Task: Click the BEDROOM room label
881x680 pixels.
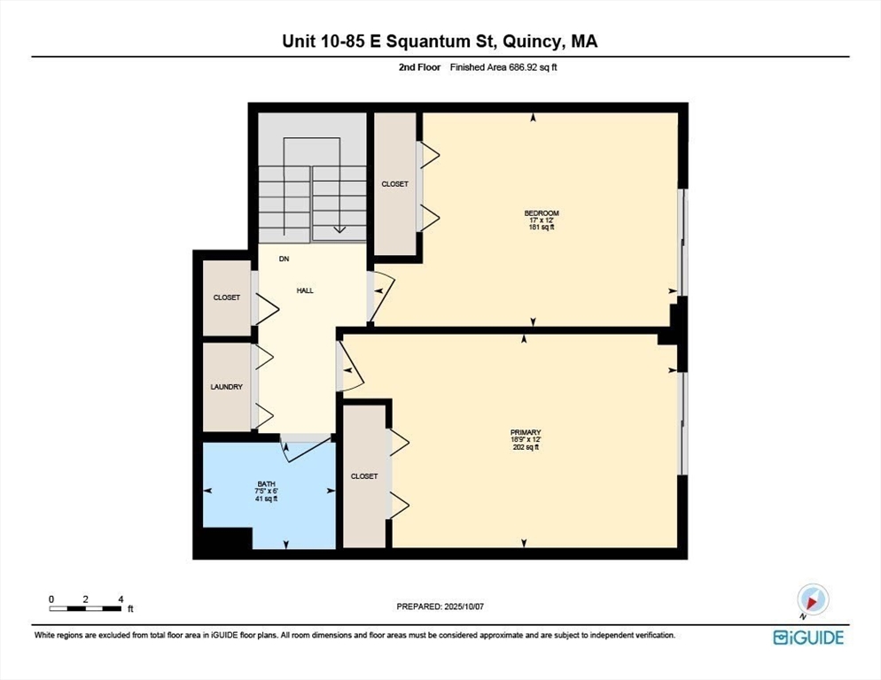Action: (542, 213)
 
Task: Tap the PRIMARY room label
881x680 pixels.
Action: (526, 433)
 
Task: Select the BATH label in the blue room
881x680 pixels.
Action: (266, 484)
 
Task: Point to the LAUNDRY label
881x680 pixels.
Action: (227, 387)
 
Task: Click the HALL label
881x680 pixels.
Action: (305, 290)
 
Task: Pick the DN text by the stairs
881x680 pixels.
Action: (285, 259)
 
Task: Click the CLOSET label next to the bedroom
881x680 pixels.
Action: (394, 184)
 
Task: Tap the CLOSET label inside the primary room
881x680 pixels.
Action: (364, 476)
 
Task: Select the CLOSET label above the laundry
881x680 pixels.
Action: (227, 297)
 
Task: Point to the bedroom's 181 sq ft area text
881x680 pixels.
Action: (542, 228)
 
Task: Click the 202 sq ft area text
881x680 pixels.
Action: (526, 447)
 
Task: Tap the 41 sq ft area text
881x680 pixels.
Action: (266, 498)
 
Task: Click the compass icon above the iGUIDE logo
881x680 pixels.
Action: (812, 600)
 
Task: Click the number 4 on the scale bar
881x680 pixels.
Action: (121, 599)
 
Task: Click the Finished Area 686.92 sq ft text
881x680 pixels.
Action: (503, 67)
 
